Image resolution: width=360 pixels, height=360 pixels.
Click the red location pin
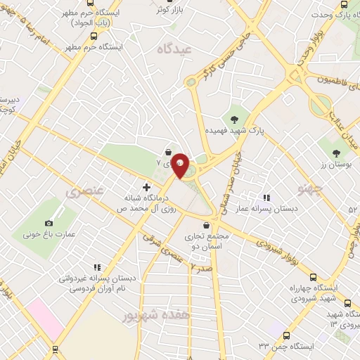(180, 165)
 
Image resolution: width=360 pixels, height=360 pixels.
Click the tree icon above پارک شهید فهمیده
(234, 117)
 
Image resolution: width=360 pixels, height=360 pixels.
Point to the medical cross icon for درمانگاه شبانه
(146, 187)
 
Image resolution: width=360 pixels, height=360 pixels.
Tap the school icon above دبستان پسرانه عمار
(266, 198)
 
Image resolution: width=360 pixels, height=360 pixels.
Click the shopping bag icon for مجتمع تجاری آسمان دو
(205, 225)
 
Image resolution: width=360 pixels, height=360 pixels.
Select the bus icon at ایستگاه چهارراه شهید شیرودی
(313, 276)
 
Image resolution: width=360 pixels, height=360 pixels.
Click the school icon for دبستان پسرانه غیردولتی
(97, 267)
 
